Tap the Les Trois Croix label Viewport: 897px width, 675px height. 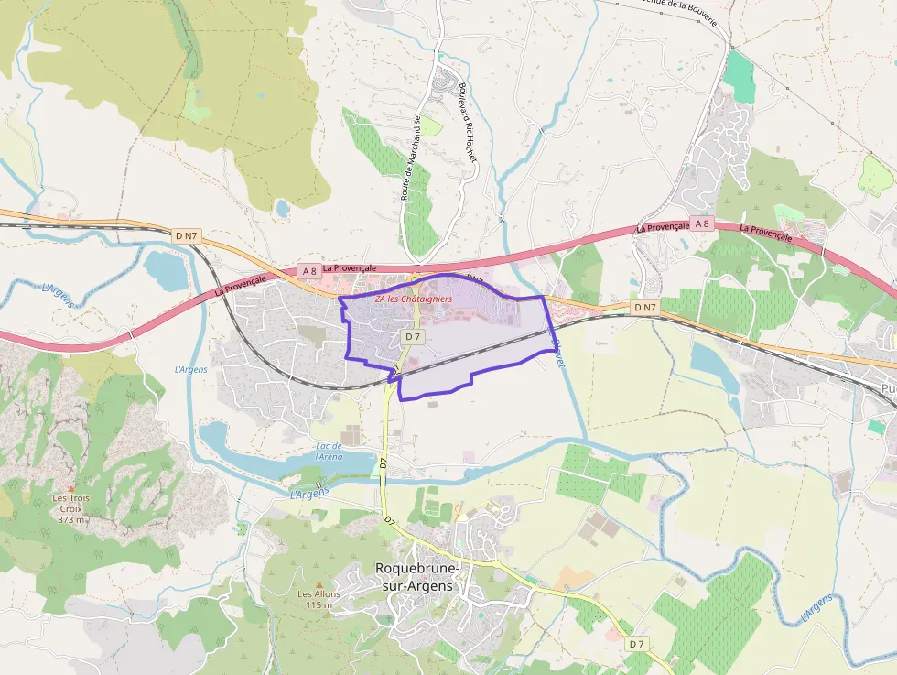pyautogui.click(x=71, y=503)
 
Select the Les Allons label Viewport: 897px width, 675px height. pyautogui.click(x=319, y=593)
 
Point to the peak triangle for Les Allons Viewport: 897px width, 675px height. pyautogui.click(x=319, y=583)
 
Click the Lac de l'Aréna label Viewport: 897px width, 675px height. pyautogui.click(x=329, y=451)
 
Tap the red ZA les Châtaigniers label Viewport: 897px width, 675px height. pyautogui.click(x=414, y=299)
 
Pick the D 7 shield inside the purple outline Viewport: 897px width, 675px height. pyautogui.click(x=413, y=336)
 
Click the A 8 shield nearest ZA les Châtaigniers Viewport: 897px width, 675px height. pyautogui.click(x=309, y=270)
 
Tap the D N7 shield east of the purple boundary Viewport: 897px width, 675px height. pyautogui.click(x=644, y=307)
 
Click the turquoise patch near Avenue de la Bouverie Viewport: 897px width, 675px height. pyautogui.click(x=740, y=77)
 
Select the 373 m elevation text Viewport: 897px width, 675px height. pyautogui.click(x=71, y=519)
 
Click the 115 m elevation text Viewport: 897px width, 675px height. pyautogui.click(x=319, y=604)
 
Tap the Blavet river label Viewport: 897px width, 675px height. pyautogui.click(x=557, y=344)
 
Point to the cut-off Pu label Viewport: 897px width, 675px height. pyautogui.click(x=887, y=388)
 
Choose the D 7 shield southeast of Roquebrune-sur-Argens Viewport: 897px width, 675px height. pyautogui.click(x=638, y=644)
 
